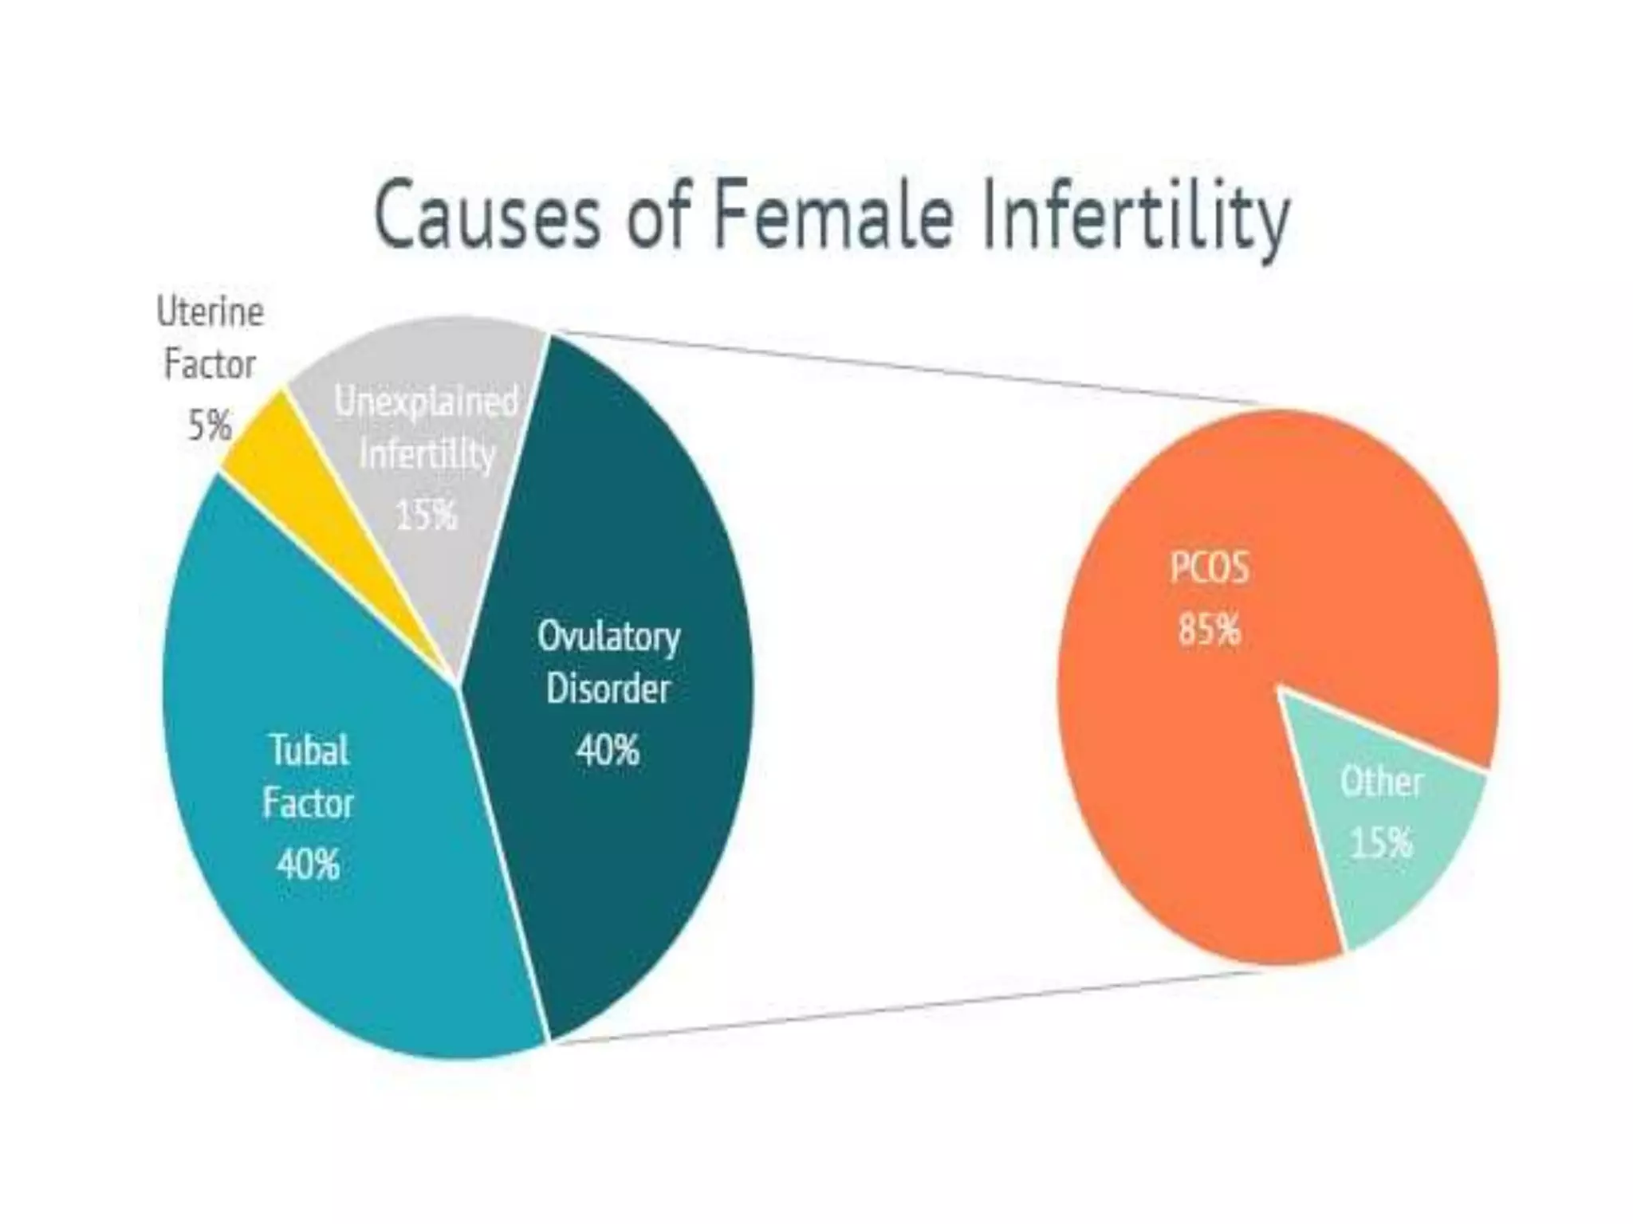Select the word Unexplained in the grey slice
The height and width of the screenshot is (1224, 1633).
427,401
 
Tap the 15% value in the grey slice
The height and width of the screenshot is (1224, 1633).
427,514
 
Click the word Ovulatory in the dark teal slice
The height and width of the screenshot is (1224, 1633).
608,636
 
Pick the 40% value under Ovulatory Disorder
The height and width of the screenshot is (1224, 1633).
608,750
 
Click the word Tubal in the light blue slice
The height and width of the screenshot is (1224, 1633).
309,750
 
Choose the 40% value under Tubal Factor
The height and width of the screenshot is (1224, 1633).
308,864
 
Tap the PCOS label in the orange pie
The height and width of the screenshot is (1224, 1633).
1209,569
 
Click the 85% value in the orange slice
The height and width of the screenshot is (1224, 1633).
1209,629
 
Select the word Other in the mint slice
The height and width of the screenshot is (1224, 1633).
1381,782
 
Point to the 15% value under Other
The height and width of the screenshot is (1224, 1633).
1381,841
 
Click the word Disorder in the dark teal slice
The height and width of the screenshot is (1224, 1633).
608,689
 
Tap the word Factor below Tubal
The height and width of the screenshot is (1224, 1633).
308,803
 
